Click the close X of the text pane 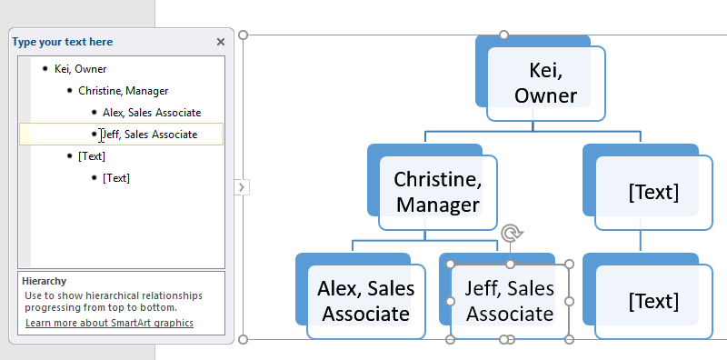pyautogui.click(x=221, y=42)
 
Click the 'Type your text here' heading pyautogui.click(x=62, y=42)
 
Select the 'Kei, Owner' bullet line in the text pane pyautogui.click(x=80, y=69)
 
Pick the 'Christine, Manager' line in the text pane pyautogui.click(x=123, y=91)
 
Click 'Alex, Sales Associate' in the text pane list pyautogui.click(x=152, y=112)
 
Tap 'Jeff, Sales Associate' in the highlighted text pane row pyautogui.click(x=150, y=134)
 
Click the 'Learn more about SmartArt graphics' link pyautogui.click(x=109, y=323)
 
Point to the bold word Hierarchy pyautogui.click(x=44, y=281)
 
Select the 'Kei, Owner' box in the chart pyautogui.click(x=546, y=84)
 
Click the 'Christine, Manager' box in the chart pyautogui.click(x=438, y=193)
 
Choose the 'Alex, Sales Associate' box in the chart pyautogui.click(x=366, y=302)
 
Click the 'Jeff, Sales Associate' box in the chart pyautogui.click(x=510, y=302)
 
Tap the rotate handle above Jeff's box pyautogui.click(x=512, y=233)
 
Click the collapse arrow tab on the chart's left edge pyautogui.click(x=241, y=187)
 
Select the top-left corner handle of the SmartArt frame pyautogui.click(x=243, y=35)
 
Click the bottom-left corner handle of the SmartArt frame pyautogui.click(x=243, y=339)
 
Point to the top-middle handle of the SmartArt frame pyautogui.click(x=503, y=35)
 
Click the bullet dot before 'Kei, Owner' pyautogui.click(x=45, y=69)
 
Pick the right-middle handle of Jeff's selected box pyautogui.click(x=570, y=302)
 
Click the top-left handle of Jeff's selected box pyautogui.click(x=450, y=264)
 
